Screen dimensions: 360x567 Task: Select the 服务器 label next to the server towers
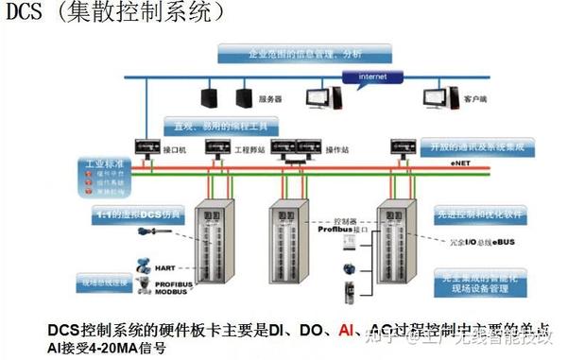271,97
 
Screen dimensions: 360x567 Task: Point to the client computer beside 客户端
438,94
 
